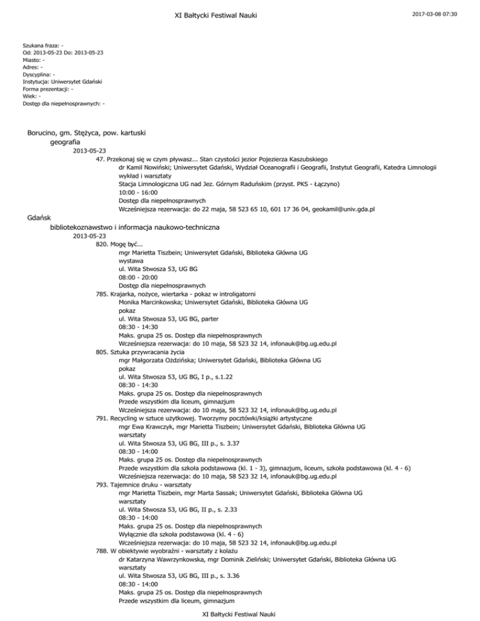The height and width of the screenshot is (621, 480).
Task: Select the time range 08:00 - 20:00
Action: coord(137,277)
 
